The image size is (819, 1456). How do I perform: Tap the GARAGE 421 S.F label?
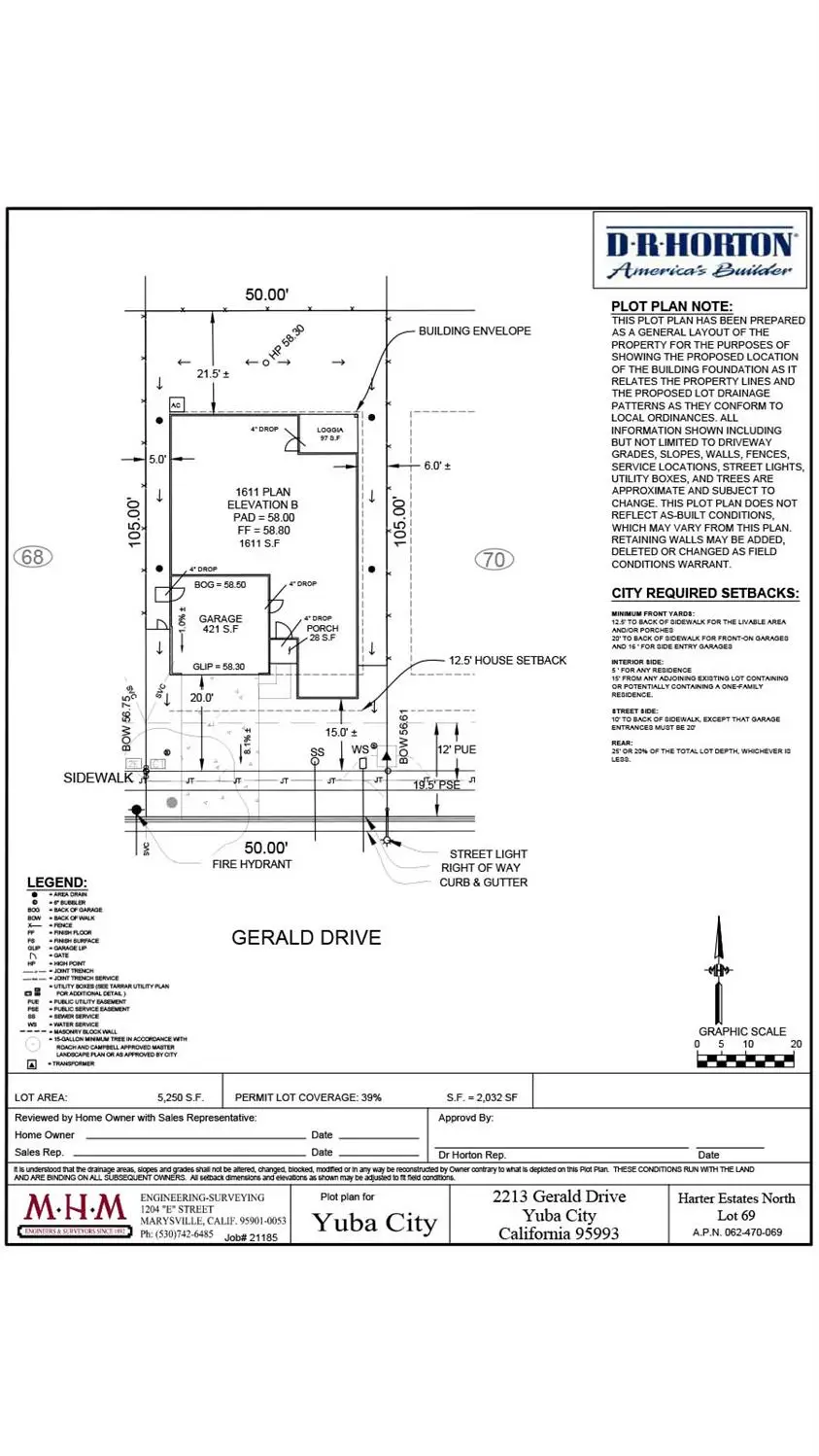click(221, 624)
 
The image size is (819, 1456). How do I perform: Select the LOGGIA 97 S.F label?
click(330, 434)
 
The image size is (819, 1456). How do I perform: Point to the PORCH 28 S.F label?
click(322, 633)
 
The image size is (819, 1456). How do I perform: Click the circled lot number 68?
click(33, 557)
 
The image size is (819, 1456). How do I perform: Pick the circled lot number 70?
click(494, 559)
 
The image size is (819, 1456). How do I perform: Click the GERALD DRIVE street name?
click(306, 938)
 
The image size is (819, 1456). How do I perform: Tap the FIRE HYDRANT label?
click(252, 864)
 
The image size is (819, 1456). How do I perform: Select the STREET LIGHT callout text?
click(488, 854)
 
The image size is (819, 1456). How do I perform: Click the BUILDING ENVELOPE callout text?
click(474, 331)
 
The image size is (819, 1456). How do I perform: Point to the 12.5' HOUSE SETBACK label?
click(507, 661)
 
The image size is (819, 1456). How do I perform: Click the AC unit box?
click(176, 404)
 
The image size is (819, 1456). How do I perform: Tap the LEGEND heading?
click(56, 883)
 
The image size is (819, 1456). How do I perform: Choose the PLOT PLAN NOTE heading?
click(671, 306)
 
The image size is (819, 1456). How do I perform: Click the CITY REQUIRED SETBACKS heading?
click(705, 594)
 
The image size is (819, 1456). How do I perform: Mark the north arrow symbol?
click(719, 968)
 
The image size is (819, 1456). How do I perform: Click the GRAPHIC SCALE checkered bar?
click(746, 1059)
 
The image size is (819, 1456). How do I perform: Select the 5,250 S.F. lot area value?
click(181, 1097)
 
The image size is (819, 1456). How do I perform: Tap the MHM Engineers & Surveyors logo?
click(76, 1215)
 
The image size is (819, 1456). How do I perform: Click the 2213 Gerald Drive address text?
click(559, 1196)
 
